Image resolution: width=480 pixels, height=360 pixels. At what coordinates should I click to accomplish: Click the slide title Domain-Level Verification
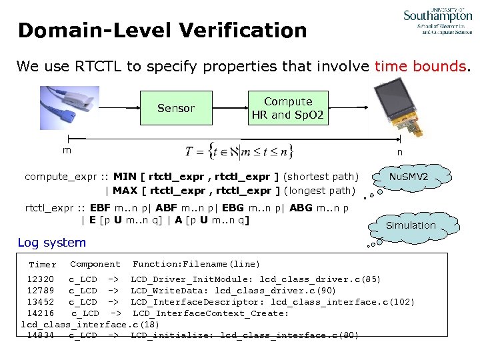[x=162, y=31]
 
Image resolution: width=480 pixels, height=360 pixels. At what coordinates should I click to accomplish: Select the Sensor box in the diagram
[x=176, y=108]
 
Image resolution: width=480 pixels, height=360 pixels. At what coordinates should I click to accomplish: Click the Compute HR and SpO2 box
[x=287, y=108]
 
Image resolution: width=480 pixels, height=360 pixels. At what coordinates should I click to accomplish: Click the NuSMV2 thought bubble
[x=409, y=178]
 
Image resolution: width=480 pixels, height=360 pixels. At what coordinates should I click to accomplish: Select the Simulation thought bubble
[x=411, y=225]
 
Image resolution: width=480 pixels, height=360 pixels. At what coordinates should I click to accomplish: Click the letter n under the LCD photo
[x=399, y=151]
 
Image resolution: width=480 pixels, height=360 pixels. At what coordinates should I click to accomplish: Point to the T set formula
[x=239, y=151]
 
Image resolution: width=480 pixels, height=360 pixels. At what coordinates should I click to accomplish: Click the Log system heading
[x=51, y=243]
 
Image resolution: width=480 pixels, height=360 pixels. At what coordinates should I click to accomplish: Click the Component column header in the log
[x=95, y=265]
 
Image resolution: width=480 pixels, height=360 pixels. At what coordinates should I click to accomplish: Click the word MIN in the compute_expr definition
[x=125, y=177]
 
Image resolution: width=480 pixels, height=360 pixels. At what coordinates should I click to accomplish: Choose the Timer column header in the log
[x=43, y=265]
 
